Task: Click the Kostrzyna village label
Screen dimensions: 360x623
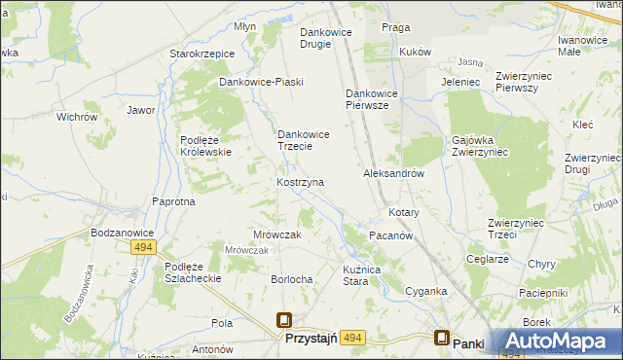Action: [300, 182]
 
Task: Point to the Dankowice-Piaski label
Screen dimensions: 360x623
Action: [261, 82]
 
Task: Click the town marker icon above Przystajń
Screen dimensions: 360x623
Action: [284, 320]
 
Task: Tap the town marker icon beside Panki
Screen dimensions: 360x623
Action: [441, 339]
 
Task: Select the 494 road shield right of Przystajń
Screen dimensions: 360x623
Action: [352, 338]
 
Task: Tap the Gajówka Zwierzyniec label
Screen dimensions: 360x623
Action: [481, 145]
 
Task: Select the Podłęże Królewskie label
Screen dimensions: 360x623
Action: [205, 145]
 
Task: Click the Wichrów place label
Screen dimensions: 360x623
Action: [77, 117]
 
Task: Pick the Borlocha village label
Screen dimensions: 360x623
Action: [292, 279]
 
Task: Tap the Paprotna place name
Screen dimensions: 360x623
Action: [173, 201]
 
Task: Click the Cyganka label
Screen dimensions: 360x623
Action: [426, 291]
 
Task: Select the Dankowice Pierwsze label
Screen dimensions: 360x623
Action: [368, 100]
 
